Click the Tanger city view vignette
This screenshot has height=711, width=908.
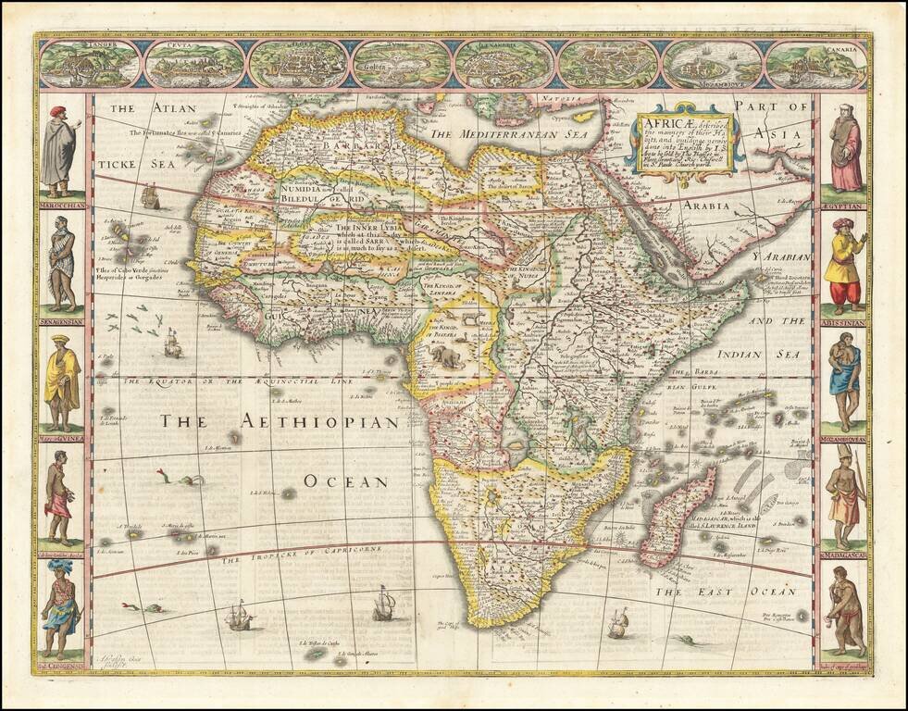(89, 63)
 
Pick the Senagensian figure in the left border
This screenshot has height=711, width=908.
(62, 264)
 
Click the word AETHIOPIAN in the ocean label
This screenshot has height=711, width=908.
(319, 422)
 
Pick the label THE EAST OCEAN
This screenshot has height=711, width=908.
(725, 591)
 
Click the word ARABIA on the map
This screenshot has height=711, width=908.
(730, 206)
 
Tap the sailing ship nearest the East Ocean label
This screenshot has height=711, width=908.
(617, 624)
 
